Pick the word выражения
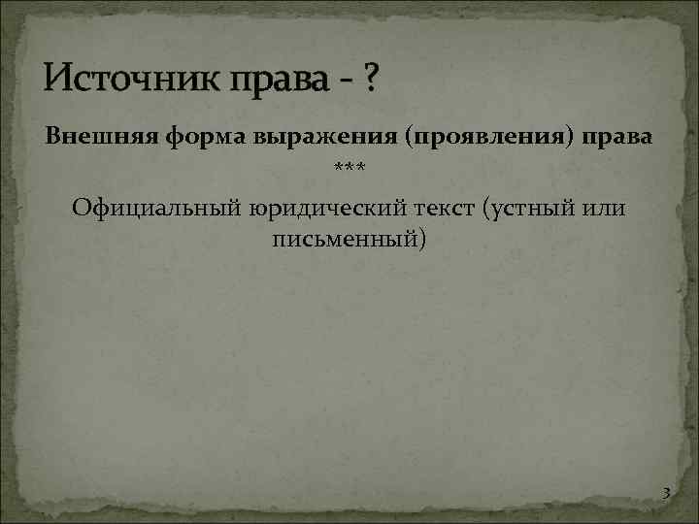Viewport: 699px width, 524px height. click(323, 139)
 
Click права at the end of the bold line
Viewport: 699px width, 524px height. click(618, 139)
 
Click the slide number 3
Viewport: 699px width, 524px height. click(665, 494)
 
